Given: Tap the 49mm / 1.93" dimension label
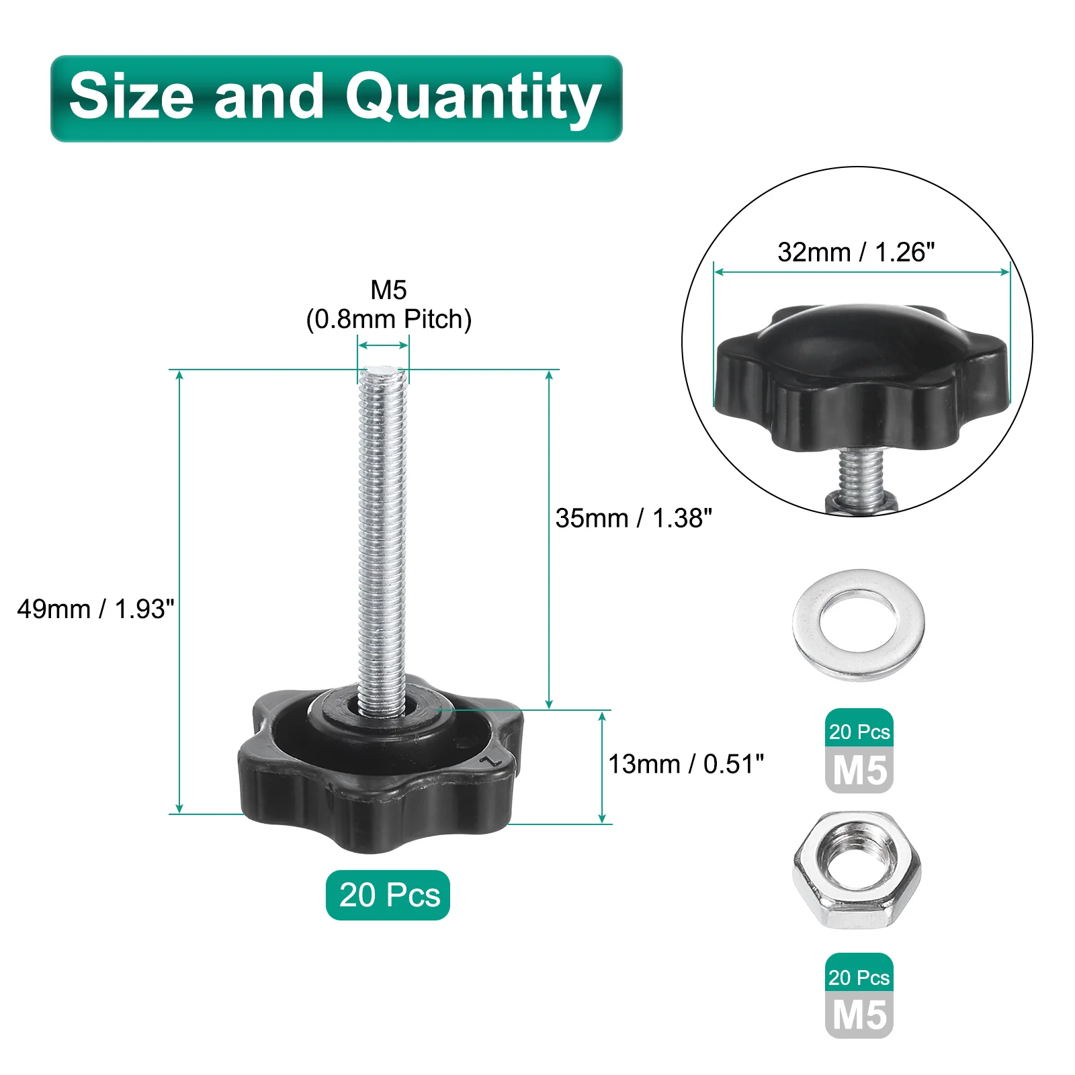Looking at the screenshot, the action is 95,609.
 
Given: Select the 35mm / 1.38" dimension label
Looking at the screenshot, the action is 634,518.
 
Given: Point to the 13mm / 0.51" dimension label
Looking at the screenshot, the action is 686,764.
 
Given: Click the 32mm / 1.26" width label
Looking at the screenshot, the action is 856,252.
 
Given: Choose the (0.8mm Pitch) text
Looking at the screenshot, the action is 389,319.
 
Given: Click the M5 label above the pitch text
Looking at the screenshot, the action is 389,290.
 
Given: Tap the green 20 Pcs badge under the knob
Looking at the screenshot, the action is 388,895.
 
